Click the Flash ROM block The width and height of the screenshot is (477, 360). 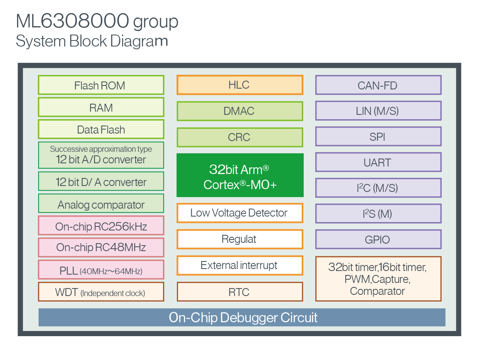(x=101, y=85)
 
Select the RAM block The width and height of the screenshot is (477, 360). (x=101, y=107)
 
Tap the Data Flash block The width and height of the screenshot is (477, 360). (x=101, y=130)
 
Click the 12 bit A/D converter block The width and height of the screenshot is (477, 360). (x=101, y=155)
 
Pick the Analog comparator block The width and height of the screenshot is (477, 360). (x=101, y=205)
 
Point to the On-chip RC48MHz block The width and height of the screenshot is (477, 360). (x=101, y=247)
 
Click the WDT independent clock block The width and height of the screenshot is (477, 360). (x=101, y=293)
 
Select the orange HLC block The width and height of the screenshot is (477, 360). (x=240, y=85)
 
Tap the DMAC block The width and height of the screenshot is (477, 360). (x=240, y=111)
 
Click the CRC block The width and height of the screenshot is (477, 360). (x=240, y=137)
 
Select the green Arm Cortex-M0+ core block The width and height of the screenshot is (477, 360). (x=240, y=175)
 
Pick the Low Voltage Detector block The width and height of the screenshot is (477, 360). (x=240, y=213)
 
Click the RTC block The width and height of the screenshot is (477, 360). (x=240, y=292)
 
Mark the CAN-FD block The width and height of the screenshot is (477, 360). (x=378, y=85)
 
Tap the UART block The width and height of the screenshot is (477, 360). (x=378, y=162)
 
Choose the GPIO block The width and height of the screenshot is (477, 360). (x=378, y=240)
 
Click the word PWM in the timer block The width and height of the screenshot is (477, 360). (x=357, y=279)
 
